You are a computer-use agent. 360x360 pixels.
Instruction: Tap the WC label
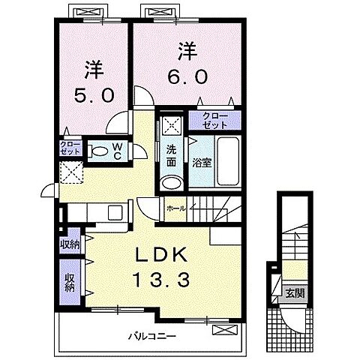coord(118,151)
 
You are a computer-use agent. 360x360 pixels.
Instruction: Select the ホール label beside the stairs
coord(175,208)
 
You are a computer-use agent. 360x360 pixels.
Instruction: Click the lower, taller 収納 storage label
coord(70,282)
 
